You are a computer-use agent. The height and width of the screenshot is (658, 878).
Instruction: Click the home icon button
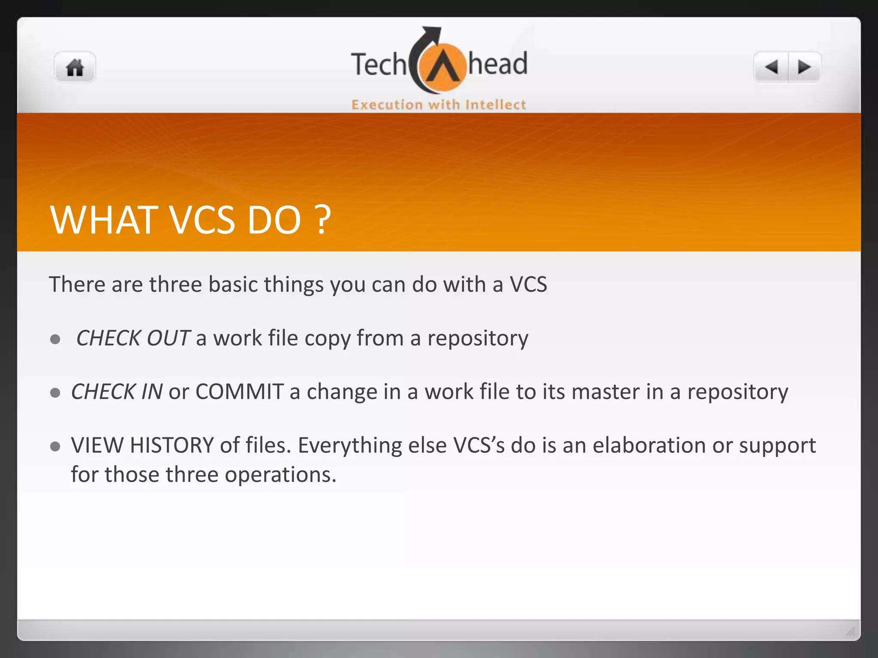pos(75,68)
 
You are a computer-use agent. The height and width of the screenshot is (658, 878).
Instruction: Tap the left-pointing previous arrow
pos(772,67)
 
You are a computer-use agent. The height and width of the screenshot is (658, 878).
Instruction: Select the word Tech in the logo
pos(378,65)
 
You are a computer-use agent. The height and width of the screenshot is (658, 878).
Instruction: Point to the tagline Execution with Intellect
pos(439,105)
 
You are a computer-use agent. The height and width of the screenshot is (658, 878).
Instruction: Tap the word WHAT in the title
pos(102,220)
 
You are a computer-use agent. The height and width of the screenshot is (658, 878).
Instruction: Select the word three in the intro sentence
pos(175,284)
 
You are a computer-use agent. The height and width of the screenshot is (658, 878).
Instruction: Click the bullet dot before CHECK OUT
pos(55,339)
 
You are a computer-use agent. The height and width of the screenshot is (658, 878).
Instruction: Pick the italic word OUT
pos(168,338)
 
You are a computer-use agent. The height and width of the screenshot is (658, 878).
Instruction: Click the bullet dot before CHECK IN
pos(55,392)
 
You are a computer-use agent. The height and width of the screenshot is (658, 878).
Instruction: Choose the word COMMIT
pos(240,392)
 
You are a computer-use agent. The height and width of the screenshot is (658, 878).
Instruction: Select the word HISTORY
pos(172,445)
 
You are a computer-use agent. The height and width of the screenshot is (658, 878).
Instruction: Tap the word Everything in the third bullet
pos(350,446)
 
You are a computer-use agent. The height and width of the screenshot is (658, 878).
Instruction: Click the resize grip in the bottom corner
pos(851,631)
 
